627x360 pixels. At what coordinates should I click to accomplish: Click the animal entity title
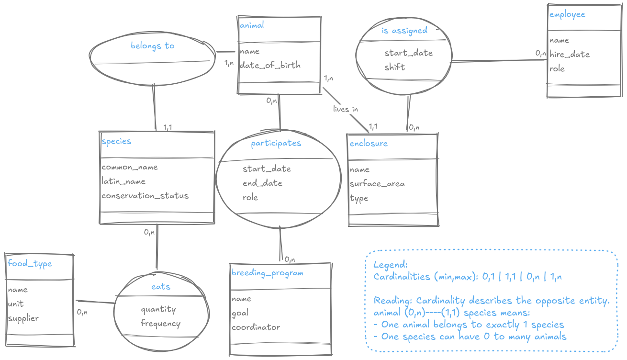[251, 25]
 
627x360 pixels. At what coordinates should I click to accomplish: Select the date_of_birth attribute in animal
[270, 65]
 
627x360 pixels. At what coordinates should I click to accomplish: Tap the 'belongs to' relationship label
[153, 46]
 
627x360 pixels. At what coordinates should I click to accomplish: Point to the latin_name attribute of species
[123, 181]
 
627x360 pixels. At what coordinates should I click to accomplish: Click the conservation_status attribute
[145, 196]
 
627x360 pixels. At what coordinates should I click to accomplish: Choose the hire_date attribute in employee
[569, 55]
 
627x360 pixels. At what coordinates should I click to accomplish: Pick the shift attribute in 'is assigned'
[394, 67]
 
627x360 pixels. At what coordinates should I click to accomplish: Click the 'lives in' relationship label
[346, 109]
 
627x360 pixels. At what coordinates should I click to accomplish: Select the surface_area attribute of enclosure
[377, 184]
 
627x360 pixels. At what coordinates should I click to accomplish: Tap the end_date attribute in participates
[262, 183]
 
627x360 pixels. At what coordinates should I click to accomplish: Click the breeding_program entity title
[267, 273]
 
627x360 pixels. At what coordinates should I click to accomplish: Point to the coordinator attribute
[256, 327]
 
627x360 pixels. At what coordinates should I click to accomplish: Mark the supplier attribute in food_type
[23, 318]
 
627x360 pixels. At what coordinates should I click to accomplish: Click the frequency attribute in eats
[160, 324]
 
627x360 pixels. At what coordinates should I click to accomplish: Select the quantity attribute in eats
[158, 310]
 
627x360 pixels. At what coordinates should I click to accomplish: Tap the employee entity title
[567, 14]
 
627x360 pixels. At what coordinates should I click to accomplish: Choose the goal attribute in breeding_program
[240, 313]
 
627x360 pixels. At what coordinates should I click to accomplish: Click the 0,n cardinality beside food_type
[82, 313]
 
